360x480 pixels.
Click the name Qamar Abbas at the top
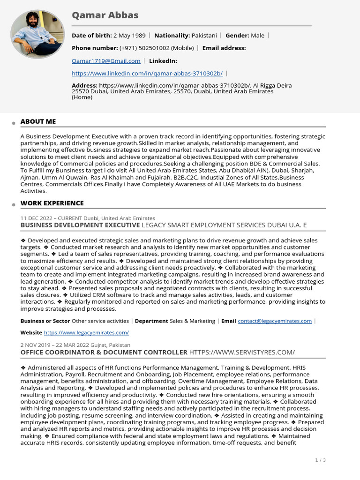(105, 15)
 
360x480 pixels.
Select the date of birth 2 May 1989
(129, 36)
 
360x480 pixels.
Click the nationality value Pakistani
(204, 36)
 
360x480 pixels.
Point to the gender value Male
(257, 36)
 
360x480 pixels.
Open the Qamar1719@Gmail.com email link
(106, 61)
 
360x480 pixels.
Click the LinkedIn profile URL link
(147, 74)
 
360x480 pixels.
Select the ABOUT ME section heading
(38, 121)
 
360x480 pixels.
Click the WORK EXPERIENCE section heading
(52, 203)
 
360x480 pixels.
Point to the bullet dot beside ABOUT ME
(14, 123)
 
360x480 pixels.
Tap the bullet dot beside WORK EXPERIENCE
(14, 204)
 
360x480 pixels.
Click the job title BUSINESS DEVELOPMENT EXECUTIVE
(80, 225)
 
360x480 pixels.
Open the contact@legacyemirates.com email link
(275, 321)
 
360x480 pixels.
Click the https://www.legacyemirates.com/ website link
(86, 333)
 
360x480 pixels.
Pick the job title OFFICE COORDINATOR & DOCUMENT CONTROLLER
(104, 352)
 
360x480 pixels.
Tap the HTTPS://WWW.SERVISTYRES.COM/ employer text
(242, 352)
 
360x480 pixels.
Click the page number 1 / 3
(320, 460)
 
